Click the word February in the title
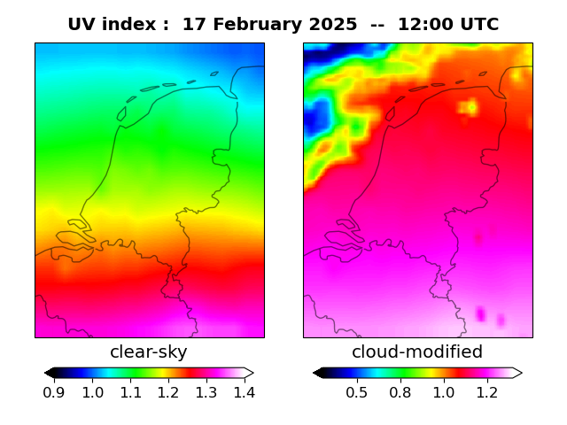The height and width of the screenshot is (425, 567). (x=253, y=25)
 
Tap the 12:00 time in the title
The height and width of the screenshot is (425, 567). (x=427, y=25)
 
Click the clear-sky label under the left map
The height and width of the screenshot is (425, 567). (x=149, y=352)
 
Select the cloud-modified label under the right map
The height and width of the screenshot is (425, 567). (x=417, y=352)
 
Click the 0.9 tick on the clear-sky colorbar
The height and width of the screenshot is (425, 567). (x=54, y=392)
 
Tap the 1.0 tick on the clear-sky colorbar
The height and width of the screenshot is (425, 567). (x=92, y=392)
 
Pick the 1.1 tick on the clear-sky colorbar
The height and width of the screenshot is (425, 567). (x=130, y=392)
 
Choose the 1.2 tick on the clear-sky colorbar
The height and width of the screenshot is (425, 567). (x=167, y=392)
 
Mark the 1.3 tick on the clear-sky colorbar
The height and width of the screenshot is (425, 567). (x=206, y=392)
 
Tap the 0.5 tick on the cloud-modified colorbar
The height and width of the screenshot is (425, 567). (x=356, y=392)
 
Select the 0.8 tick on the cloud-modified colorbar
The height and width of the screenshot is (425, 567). (x=400, y=392)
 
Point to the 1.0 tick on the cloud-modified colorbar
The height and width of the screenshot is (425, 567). (x=443, y=392)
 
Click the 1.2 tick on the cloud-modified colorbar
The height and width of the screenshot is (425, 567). (x=486, y=392)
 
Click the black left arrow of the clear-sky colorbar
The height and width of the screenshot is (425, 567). (x=49, y=373)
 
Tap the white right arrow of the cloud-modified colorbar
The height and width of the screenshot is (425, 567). (x=517, y=373)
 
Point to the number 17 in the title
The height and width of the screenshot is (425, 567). (x=192, y=25)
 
